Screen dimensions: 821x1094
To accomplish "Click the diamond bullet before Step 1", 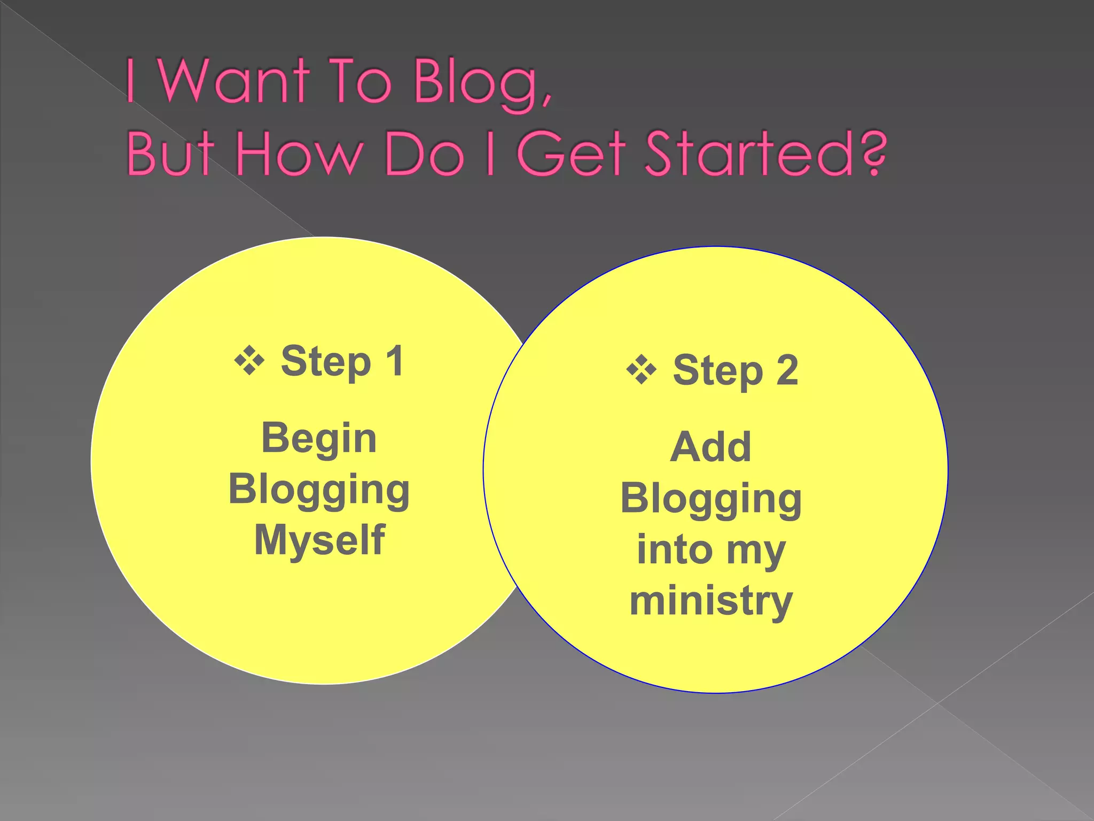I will pos(249,361).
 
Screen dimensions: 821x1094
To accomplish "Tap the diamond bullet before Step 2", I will pos(641,370).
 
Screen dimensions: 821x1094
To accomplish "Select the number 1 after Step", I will pos(395,361).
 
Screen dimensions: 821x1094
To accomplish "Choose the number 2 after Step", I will pos(787,370).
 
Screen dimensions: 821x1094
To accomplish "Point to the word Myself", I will pos(319,540).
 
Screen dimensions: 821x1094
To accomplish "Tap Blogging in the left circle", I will pos(319,489).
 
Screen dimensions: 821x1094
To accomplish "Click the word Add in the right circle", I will pos(710,447).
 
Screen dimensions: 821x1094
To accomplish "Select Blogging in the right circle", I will pos(710,498).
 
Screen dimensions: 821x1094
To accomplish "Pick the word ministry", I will pos(710,601).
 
